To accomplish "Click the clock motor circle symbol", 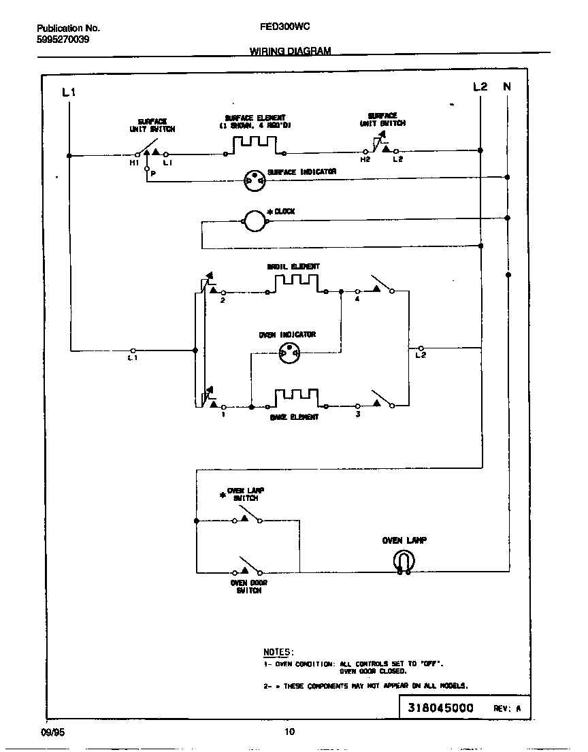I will tap(254, 219).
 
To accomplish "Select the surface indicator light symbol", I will tap(254, 180).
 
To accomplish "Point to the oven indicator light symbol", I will tap(289, 353).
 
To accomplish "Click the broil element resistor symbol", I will tap(296, 283).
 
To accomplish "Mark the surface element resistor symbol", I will tap(255, 144).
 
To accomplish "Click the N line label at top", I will tap(507, 86).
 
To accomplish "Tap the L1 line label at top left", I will tap(69, 92).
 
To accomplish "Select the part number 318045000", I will tap(440, 708).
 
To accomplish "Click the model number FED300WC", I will tap(286, 28).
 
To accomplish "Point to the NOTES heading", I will tap(278, 652).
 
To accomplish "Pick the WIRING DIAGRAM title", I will tap(290, 52).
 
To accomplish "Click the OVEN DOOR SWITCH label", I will tap(248, 587).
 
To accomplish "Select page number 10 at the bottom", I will tap(289, 732).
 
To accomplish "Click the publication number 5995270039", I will tap(63, 39).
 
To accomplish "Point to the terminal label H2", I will tap(365, 159).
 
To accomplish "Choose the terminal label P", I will tap(153, 174).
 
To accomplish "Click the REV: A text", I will tap(507, 708).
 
